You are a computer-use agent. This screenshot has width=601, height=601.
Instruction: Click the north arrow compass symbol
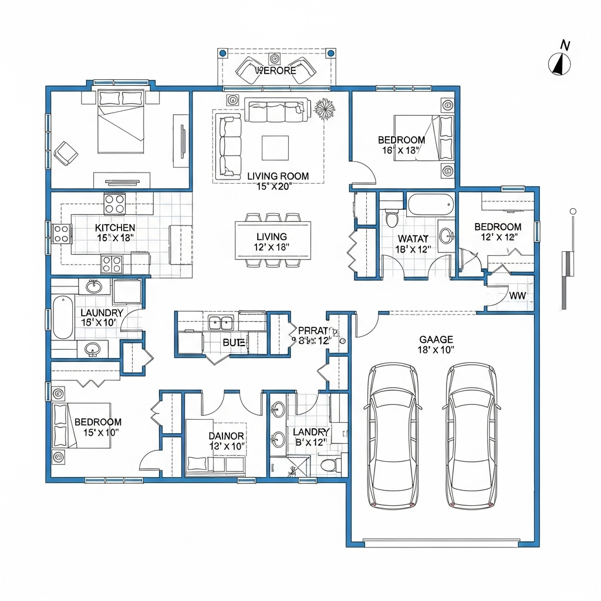[x=560, y=63]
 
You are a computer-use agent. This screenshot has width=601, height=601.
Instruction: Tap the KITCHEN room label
[x=115, y=228]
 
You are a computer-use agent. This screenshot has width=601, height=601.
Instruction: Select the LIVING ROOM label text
[x=278, y=176]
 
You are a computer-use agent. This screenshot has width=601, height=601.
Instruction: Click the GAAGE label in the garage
[x=436, y=339]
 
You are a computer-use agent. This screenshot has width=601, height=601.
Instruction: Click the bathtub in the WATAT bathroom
[x=431, y=204]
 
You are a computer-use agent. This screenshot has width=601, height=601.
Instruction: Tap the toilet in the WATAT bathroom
[x=391, y=217]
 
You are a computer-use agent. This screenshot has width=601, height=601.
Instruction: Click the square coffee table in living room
[x=275, y=147]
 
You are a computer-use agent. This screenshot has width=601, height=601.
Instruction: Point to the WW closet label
[x=517, y=296]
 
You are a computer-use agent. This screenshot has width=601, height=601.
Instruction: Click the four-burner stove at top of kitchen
[x=114, y=204]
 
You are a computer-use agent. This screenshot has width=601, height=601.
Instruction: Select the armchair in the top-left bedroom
[x=66, y=153]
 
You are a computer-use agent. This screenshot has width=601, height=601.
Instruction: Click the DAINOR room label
[x=226, y=436]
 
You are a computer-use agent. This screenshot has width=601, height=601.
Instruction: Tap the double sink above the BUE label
[x=221, y=322]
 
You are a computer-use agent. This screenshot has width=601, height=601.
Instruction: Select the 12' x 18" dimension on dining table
[x=272, y=247]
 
